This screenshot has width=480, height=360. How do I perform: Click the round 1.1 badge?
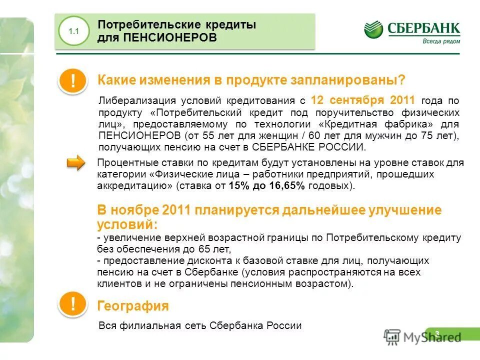(x=74, y=31)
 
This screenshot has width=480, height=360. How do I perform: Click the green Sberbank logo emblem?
(x=373, y=29)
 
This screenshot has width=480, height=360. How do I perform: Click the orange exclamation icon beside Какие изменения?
(x=73, y=81)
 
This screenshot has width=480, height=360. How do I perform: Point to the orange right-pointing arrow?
(x=77, y=162)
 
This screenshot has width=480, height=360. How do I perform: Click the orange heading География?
(x=133, y=305)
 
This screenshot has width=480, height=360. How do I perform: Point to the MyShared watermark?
(x=422, y=336)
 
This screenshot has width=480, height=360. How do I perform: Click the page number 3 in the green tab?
(x=437, y=333)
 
